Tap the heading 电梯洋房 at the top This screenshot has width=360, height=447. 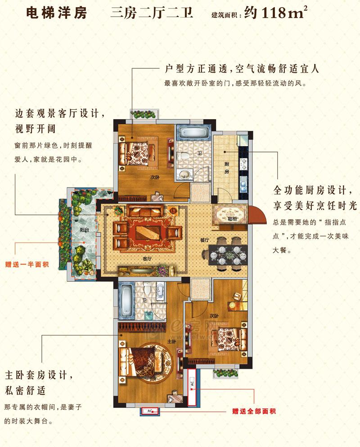(x=57, y=13)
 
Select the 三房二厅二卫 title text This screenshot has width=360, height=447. (x=152, y=13)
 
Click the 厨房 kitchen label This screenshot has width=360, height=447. (x=227, y=168)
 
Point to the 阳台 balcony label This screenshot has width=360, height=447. (x=84, y=229)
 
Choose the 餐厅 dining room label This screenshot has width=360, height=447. (x=204, y=240)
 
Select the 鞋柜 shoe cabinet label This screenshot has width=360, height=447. (x=232, y=219)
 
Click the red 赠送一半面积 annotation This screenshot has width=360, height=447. (x=27, y=264)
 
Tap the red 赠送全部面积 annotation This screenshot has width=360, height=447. (x=254, y=411)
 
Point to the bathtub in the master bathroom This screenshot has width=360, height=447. (x=126, y=300)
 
